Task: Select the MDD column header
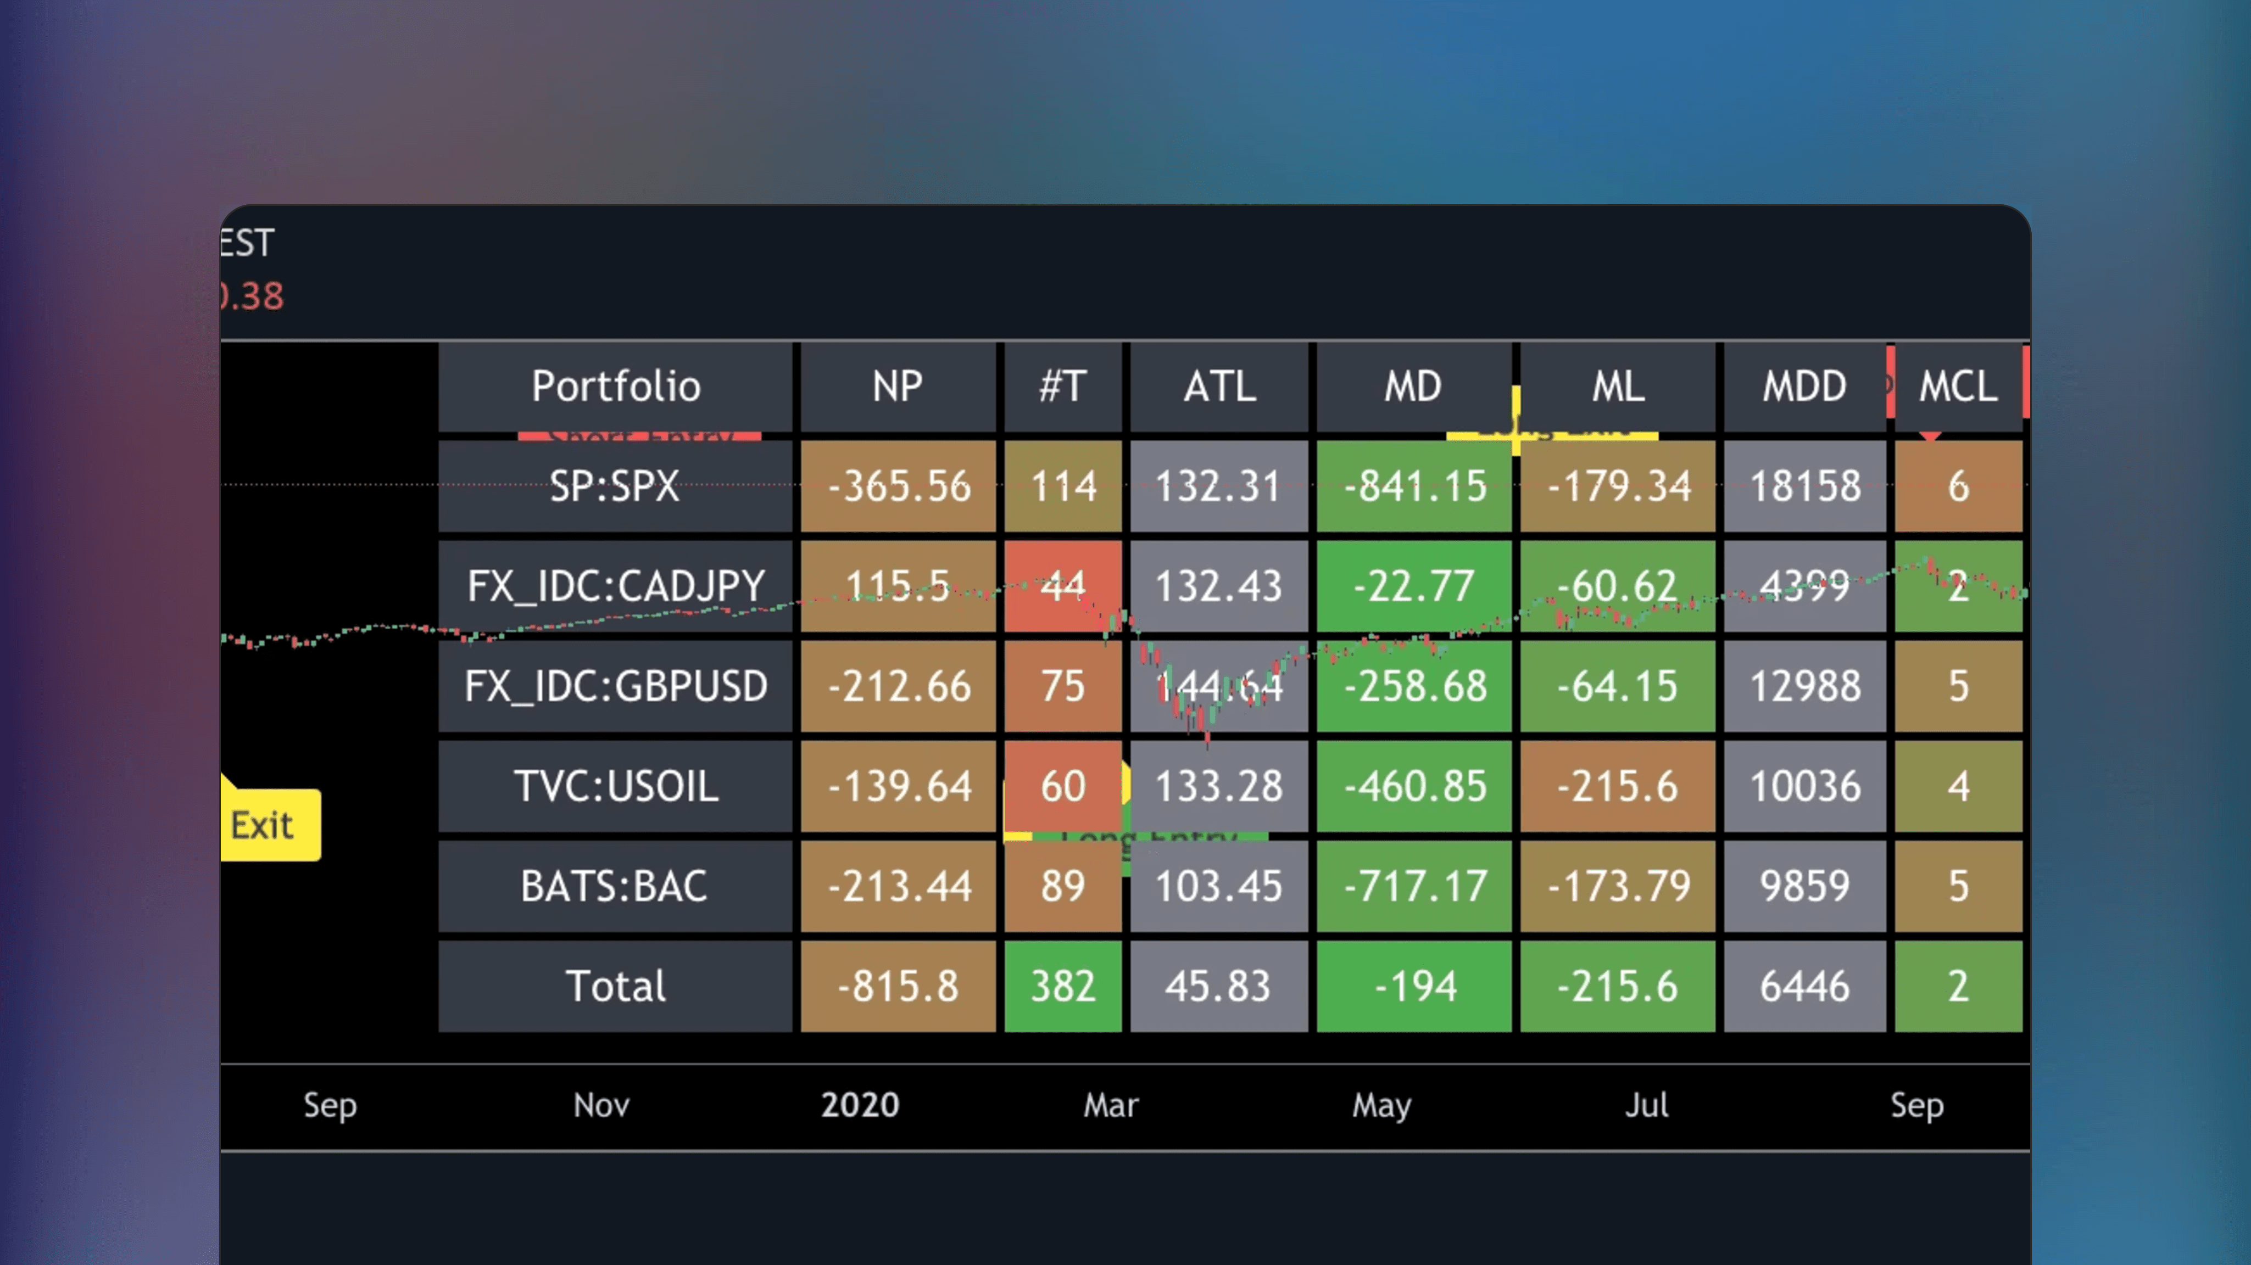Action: point(1803,386)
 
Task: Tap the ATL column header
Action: point(1219,386)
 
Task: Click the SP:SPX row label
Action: point(615,486)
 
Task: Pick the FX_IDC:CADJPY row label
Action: point(615,585)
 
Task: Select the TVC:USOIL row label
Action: point(615,785)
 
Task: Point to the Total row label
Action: point(615,986)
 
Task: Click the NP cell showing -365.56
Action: point(898,486)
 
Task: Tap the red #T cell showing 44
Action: point(1062,585)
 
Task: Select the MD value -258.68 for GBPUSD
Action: point(1414,686)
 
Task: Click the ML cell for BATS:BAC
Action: point(1618,886)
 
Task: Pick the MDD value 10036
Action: point(1803,785)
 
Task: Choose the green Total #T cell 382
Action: point(1062,986)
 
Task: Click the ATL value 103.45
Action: point(1219,886)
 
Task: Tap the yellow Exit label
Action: point(262,825)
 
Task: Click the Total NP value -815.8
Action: point(898,986)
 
